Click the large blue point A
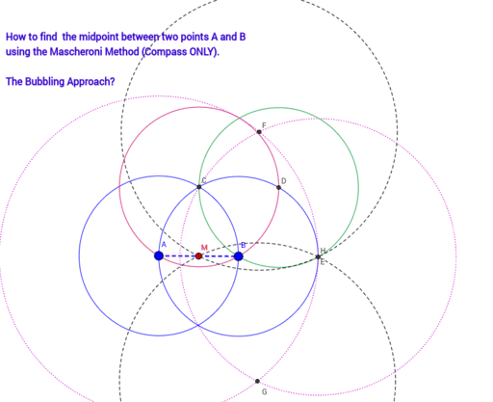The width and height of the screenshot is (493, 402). click(x=159, y=255)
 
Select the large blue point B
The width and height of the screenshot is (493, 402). click(x=238, y=256)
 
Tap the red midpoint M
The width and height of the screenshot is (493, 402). click(x=198, y=256)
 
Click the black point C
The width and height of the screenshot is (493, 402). click(x=198, y=187)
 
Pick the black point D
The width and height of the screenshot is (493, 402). click(x=278, y=187)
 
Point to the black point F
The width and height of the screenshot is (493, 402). click(x=259, y=132)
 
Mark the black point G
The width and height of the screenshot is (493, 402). click(x=257, y=381)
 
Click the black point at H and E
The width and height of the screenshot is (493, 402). click(x=318, y=256)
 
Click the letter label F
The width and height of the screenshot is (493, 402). click(x=264, y=125)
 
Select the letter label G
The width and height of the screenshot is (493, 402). click(x=264, y=391)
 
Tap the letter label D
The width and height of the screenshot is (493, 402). click(x=283, y=181)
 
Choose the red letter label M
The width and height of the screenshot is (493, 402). click(x=204, y=248)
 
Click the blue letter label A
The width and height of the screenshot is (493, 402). click(x=164, y=245)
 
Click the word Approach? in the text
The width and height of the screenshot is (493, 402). click(x=91, y=82)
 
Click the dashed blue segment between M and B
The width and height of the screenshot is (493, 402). click(x=218, y=256)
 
